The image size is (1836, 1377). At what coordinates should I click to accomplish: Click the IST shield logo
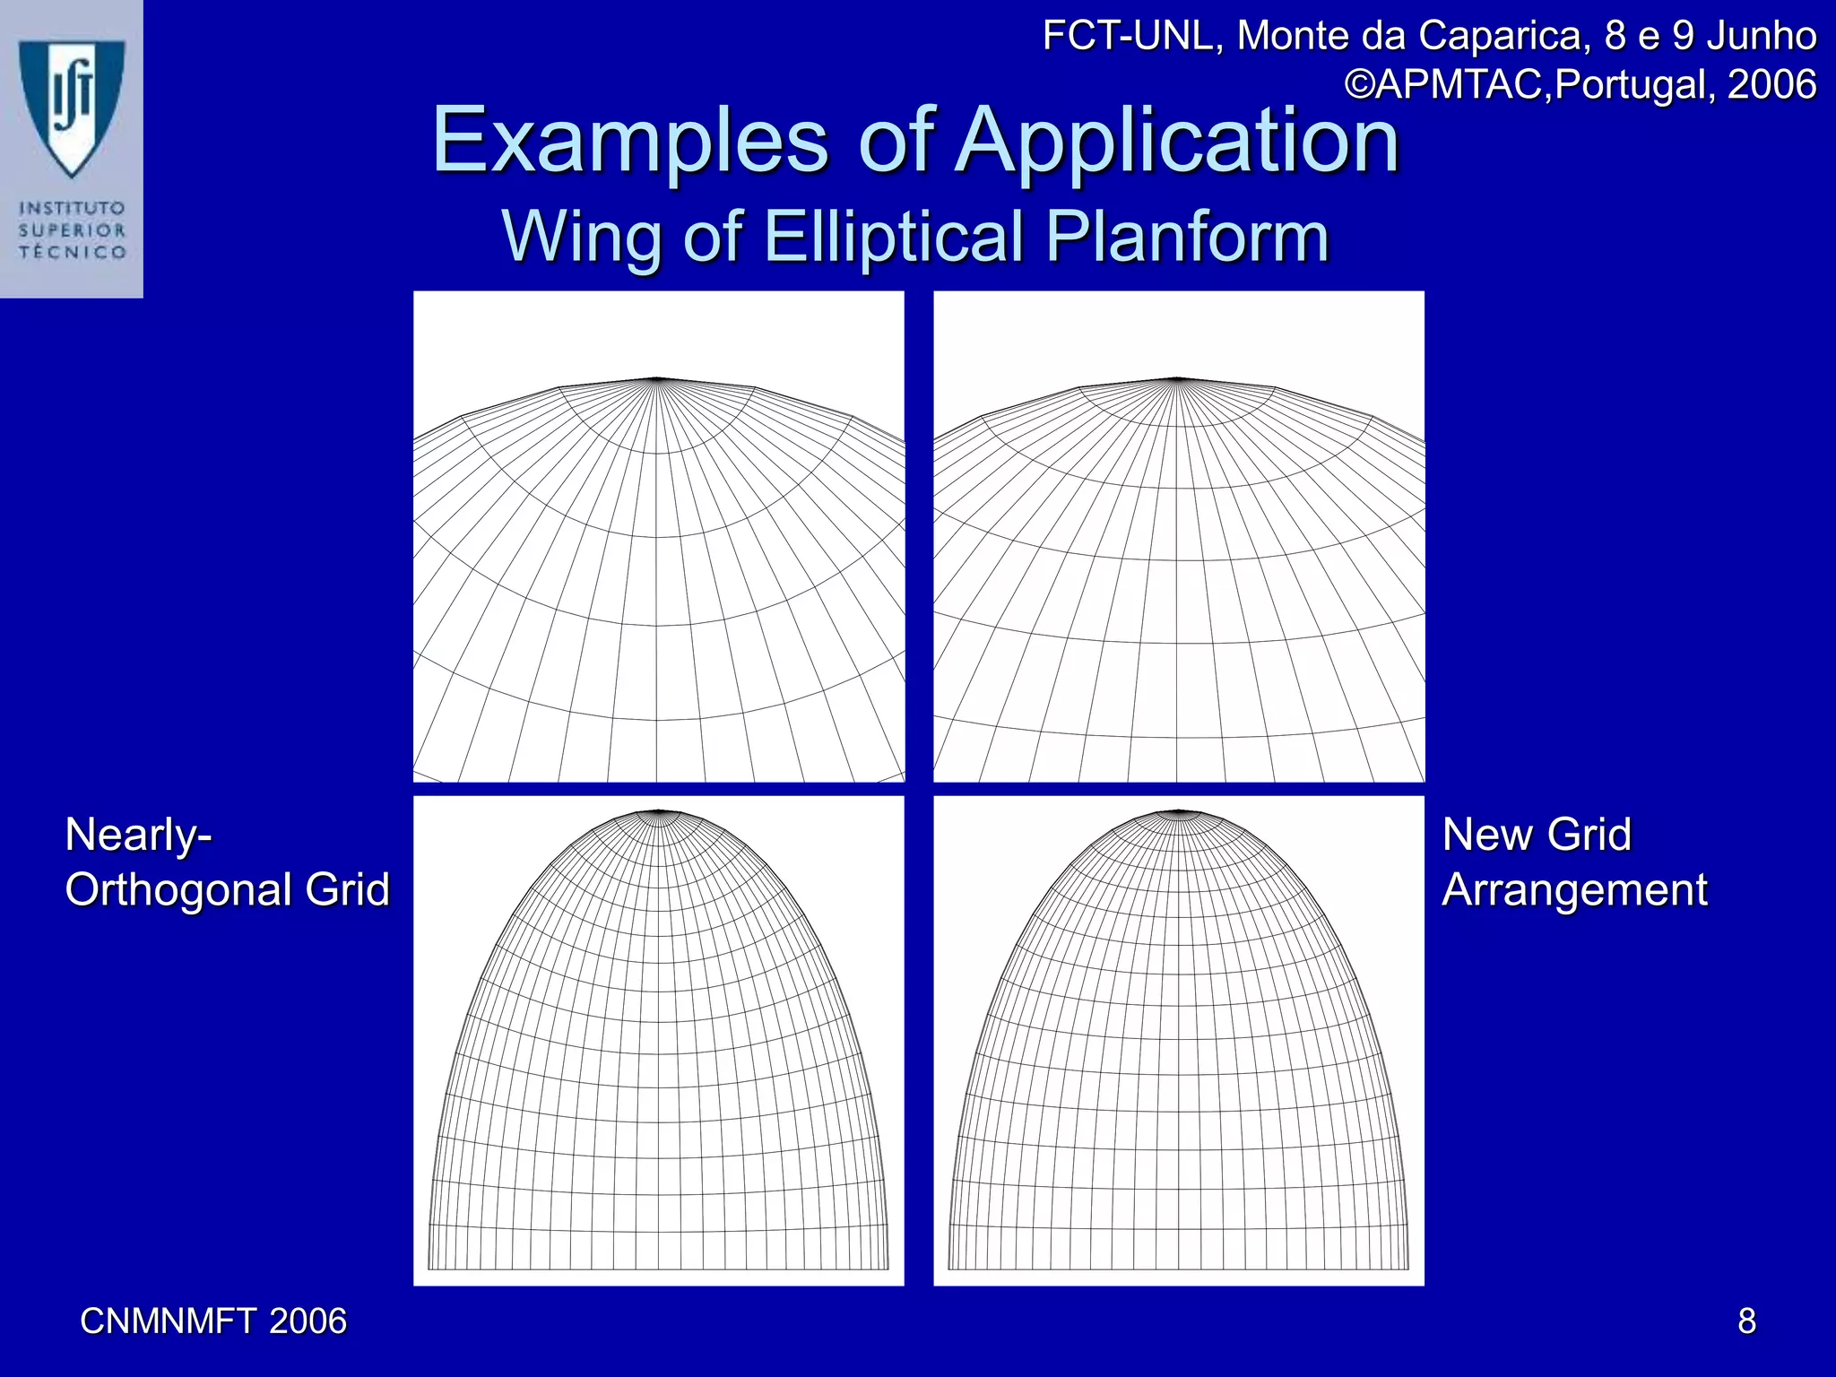(72, 103)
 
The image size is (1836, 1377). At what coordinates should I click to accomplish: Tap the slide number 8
(1746, 1321)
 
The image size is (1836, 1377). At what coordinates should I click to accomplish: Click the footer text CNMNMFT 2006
(213, 1321)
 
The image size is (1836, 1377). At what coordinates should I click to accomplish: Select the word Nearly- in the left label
(138, 835)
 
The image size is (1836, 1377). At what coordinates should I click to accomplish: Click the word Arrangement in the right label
(1575, 889)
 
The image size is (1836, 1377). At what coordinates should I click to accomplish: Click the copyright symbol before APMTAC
(1361, 84)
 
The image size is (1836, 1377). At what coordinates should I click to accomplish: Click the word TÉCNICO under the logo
(73, 252)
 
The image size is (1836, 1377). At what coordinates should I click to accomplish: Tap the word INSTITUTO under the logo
(73, 208)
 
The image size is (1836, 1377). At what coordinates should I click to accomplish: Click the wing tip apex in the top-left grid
(658, 378)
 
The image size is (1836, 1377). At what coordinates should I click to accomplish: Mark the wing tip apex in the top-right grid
(1177, 378)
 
